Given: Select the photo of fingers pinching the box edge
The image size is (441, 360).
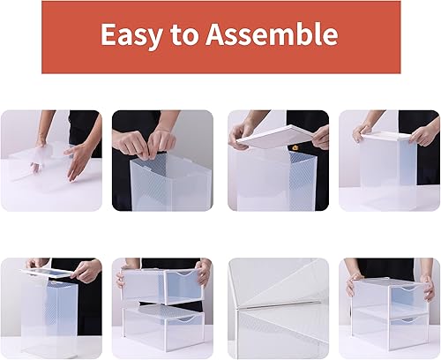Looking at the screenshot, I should (161, 160).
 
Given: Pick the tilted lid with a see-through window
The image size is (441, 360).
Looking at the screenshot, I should (53, 274).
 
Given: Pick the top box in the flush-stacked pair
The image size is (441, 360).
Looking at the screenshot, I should (388, 291).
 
